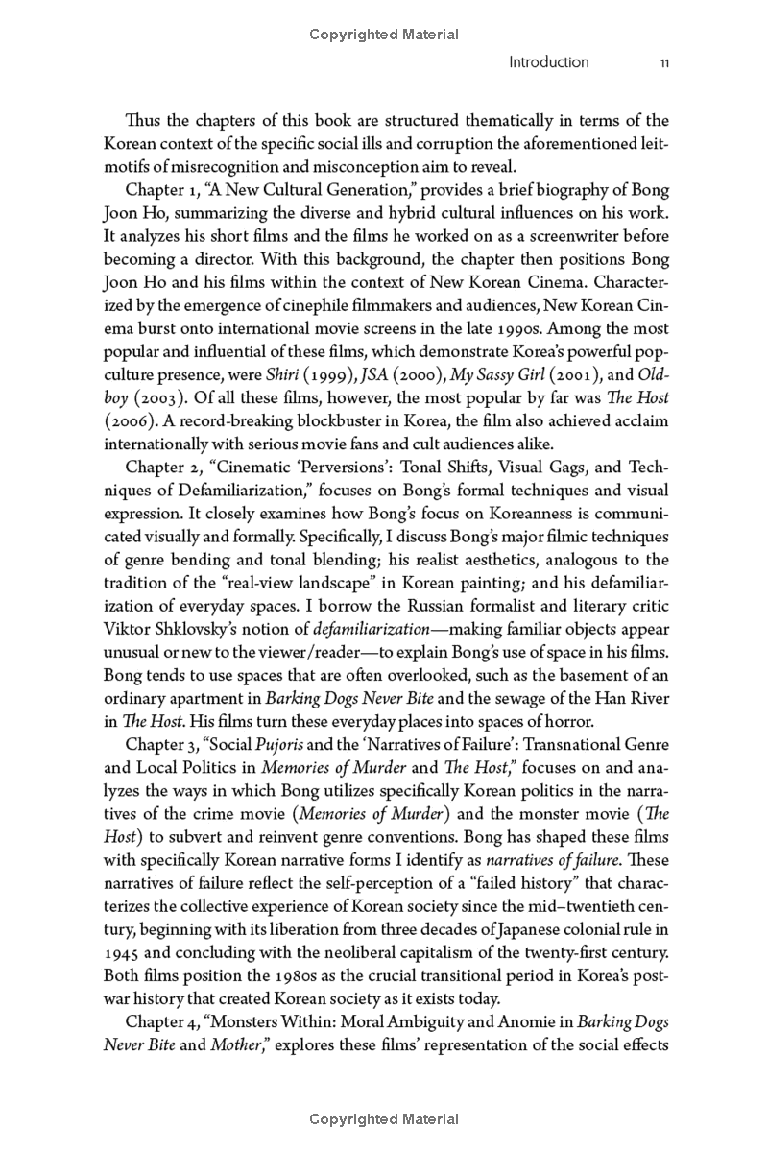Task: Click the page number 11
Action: pos(664,62)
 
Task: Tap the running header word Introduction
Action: pos(548,62)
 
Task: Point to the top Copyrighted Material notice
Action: pos(384,35)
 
